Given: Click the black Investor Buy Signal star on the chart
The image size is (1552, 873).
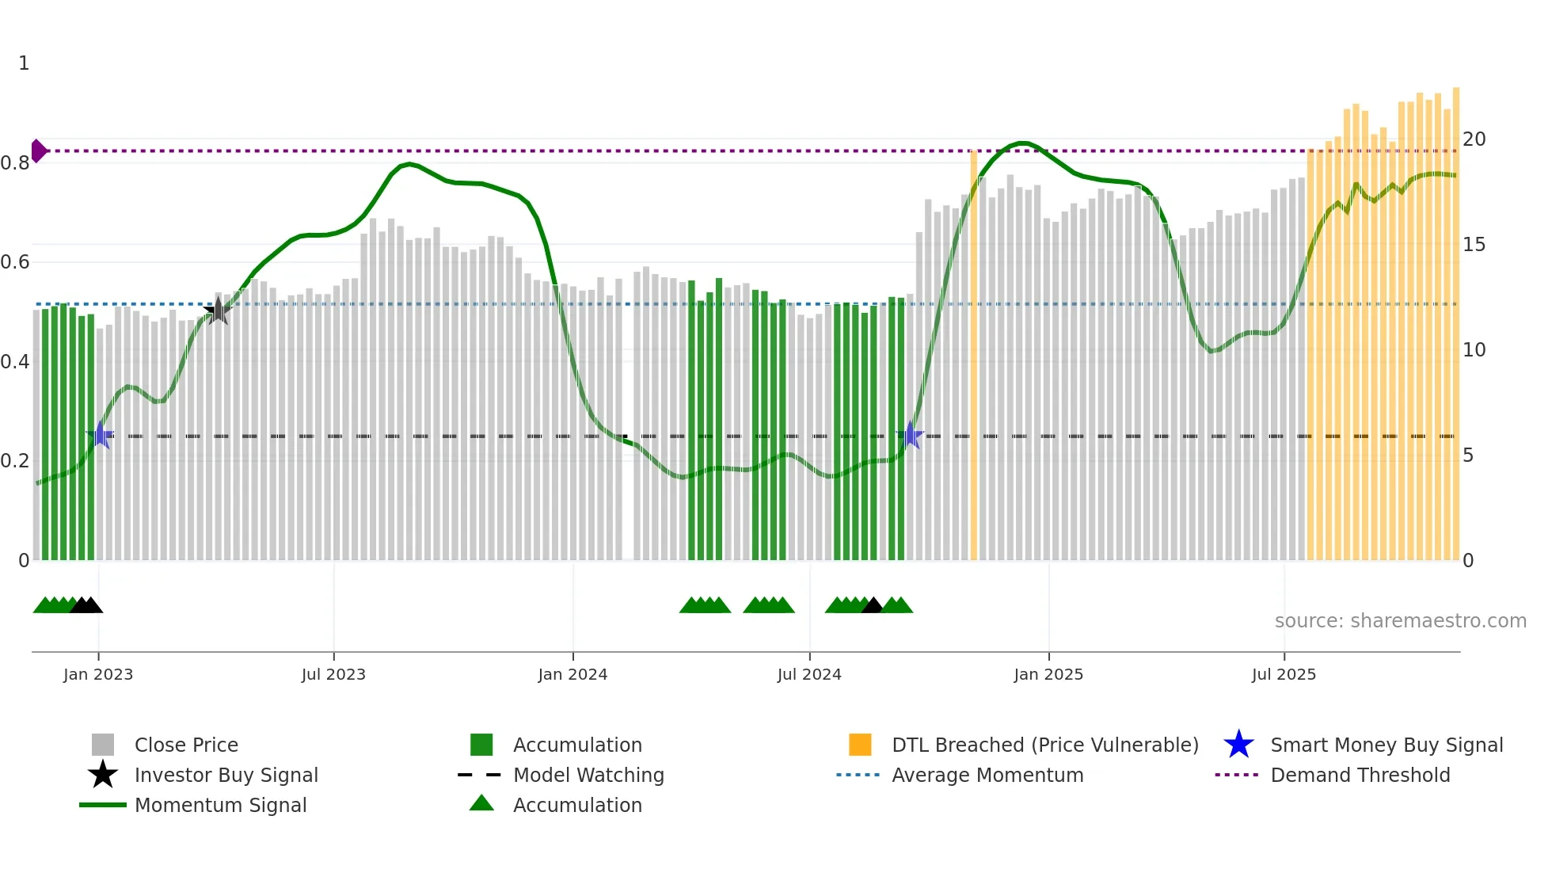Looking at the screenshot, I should (x=218, y=311).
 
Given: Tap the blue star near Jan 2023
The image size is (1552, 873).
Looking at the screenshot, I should (x=101, y=435).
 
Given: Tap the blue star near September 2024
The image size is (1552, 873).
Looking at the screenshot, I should (x=911, y=435).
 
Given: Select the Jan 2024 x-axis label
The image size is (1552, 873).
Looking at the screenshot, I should (x=572, y=674).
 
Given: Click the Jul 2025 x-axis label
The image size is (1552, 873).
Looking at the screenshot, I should (x=1284, y=674).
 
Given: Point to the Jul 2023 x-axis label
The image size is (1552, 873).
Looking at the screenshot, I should (x=333, y=674).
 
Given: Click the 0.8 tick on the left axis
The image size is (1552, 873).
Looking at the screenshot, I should (x=15, y=163).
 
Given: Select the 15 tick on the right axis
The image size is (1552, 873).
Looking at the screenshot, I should (x=1474, y=245).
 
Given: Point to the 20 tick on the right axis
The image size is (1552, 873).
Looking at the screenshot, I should (x=1474, y=139).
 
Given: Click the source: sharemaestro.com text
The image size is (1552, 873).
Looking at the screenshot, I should (x=1400, y=621).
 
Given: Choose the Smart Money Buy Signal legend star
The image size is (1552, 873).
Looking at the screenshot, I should (x=1238, y=745).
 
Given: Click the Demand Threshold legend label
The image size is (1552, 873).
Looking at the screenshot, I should (x=1360, y=775).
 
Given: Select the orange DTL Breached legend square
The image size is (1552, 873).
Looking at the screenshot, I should (x=860, y=745).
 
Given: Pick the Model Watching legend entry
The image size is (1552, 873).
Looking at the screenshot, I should (x=588, y=775).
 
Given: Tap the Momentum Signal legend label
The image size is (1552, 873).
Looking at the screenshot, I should (x=220, y=805).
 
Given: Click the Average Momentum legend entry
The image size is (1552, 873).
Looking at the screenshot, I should (x=987, y=775).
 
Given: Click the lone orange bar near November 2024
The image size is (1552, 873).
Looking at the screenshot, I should (x=973, y=356).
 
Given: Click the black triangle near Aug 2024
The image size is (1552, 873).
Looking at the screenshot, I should (x=872, y=606).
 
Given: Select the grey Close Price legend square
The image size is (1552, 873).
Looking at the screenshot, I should (x=103, y=745).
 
